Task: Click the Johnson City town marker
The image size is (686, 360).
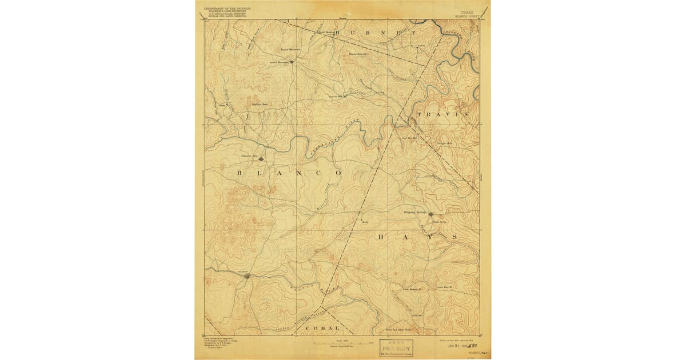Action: point(261,159)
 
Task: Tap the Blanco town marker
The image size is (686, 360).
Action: point(246,276)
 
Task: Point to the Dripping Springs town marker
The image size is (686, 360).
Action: point(431,215)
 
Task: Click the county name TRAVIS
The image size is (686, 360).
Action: point(443,114)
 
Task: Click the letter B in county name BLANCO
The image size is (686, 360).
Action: point(238,171)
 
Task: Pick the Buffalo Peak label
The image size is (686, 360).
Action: point(260,104)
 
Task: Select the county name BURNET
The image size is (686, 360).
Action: point(375,34)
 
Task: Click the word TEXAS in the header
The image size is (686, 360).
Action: point(467,11)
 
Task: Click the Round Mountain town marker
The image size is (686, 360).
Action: point(292,62)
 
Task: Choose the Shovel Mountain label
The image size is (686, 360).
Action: point(360,54)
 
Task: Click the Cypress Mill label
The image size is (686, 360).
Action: point(338,97)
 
